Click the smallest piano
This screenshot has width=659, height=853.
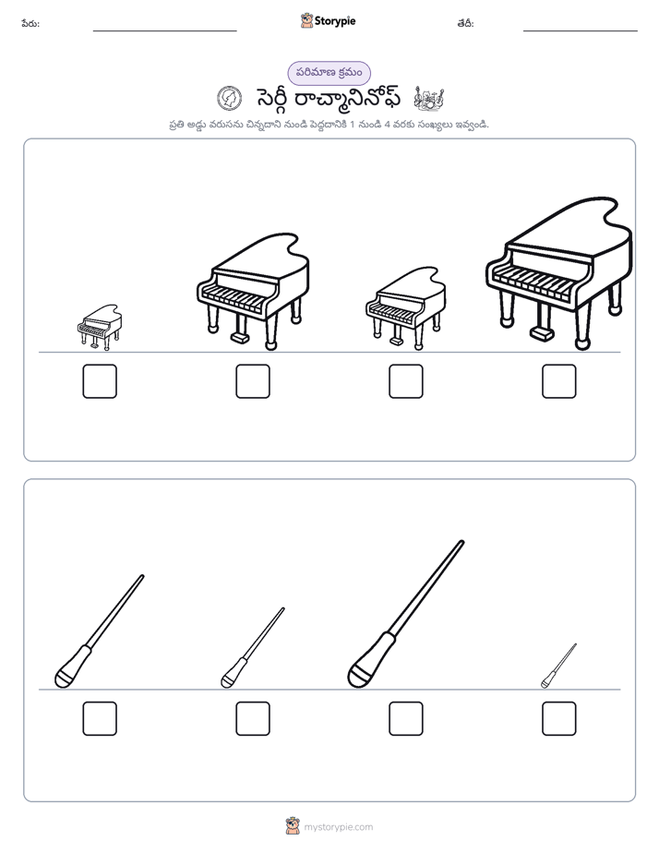(100, 327)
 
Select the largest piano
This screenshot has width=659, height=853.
(559, 273)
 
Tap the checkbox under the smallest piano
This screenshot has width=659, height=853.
(100, 380)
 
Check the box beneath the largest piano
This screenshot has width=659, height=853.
(559, 380)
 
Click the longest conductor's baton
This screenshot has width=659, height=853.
(405, 614)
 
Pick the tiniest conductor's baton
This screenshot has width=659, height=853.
(559, 666)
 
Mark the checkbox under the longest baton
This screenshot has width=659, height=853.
(405, 718)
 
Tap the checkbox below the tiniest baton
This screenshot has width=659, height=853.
(559, 718)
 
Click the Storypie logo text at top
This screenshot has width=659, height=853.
(335, 21)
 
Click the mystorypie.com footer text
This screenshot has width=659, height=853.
(338, 827)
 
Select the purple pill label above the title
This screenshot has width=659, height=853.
(329, 73)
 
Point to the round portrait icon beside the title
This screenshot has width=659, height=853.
(230, 99)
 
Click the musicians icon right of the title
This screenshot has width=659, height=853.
(429, 99)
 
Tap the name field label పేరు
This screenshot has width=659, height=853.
(30, 23)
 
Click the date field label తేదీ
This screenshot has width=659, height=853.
(465, 23)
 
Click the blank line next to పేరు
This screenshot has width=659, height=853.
(164, 31)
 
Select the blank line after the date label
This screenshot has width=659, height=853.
(581, 31)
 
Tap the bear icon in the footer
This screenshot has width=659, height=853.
(293, 826)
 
